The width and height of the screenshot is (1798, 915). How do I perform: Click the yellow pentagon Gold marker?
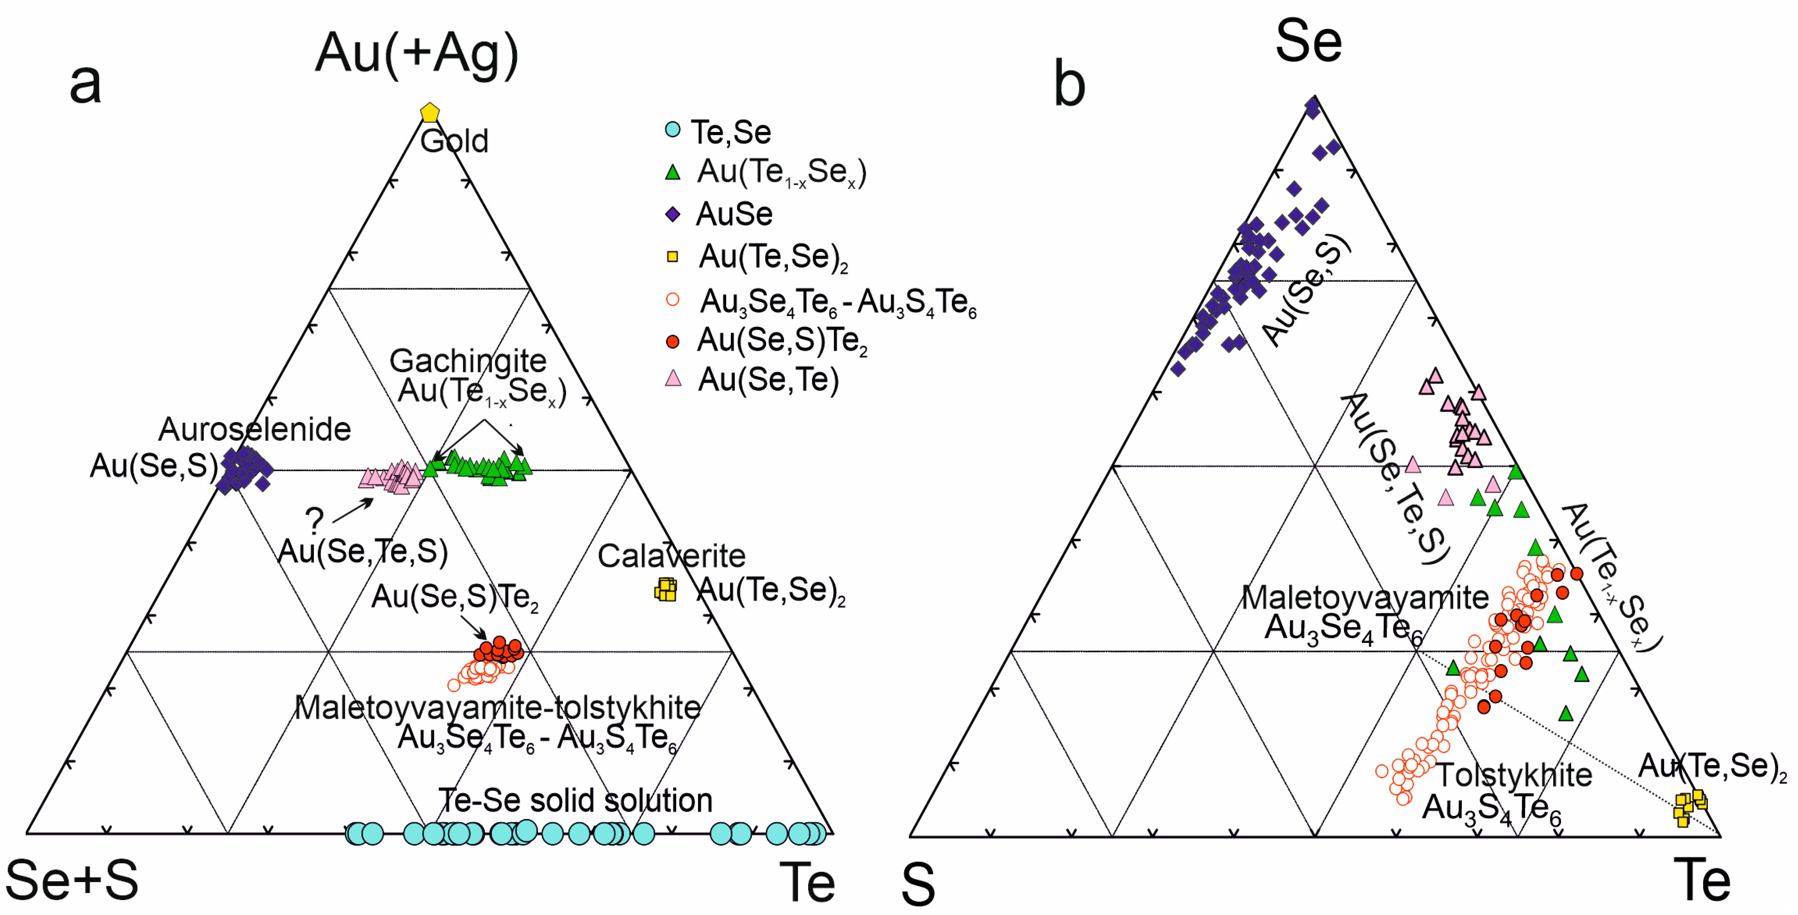tap(429, 112)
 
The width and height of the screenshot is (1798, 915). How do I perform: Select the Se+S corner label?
tap(72, 880)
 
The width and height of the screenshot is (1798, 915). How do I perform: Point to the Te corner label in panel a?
tap(807, 882)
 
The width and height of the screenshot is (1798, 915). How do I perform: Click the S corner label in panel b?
tap(918, 883)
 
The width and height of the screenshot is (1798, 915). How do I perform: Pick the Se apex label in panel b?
tap(1308, 41)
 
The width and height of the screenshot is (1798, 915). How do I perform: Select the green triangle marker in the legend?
tap(672, 172)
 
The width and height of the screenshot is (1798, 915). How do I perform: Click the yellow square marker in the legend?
tap(672, 257)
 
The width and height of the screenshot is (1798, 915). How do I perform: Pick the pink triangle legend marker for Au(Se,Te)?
tap(672, 378)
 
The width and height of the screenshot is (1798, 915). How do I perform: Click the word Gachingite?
tap(468, 361)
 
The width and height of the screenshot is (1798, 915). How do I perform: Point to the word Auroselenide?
tap(254, 429)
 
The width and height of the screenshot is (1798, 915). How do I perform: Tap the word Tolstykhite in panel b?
tap(1513, 775)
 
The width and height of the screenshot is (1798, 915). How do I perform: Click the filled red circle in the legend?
tap(672, 341)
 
